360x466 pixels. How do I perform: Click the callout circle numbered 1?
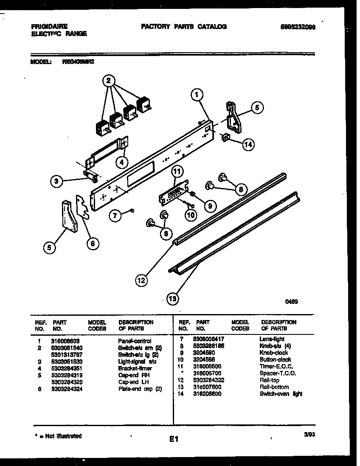[196, 96]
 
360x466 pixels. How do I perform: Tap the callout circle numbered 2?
[109, 81]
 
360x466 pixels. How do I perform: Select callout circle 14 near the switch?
[248, 145]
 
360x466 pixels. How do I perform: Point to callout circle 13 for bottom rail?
[172, 299]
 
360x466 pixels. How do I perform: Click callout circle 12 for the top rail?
[142, 280]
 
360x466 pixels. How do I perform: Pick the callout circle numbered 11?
[177, 171]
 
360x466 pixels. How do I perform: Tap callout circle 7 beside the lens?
[115, 215]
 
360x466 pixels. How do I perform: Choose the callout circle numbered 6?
[93, 243]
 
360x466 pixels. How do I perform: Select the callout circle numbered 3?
[56, 182]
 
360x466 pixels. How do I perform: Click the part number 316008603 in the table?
[65, 341]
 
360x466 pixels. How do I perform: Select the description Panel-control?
[134, 341]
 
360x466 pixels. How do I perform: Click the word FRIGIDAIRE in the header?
[49, 26]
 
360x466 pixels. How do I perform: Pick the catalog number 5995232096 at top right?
[298, 26]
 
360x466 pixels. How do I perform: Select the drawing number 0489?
[291, 302]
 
